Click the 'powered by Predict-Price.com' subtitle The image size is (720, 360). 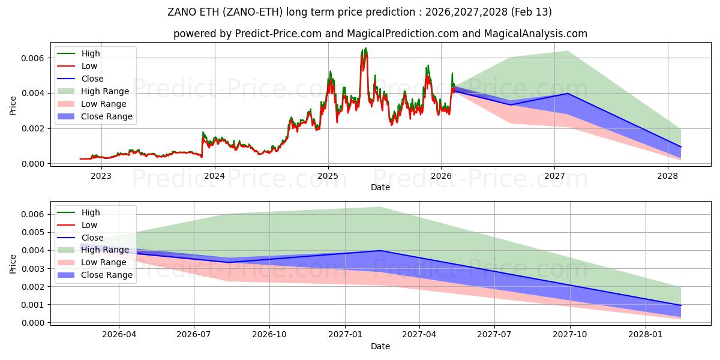click(x=380, y=34)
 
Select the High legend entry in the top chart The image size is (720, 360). click(x=90, y=53)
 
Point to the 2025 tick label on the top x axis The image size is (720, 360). click(x=328, y=176)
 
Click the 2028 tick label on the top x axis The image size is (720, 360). click(x=668, y=176)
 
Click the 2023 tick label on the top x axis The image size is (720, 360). click(x=101, y=176)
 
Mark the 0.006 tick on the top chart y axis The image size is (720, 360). click(x=32, y=58)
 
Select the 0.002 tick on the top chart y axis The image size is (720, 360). click(x=32, y=128)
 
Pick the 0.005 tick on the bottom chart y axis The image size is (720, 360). click(x=32, y=232)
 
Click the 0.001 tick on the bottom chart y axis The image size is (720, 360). click(x=32, y=305)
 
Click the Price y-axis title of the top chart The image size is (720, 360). click(x=13, y=105)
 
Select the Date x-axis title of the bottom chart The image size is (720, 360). click(x=380, y=346)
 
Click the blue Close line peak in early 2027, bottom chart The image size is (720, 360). click(x=380, y=251)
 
